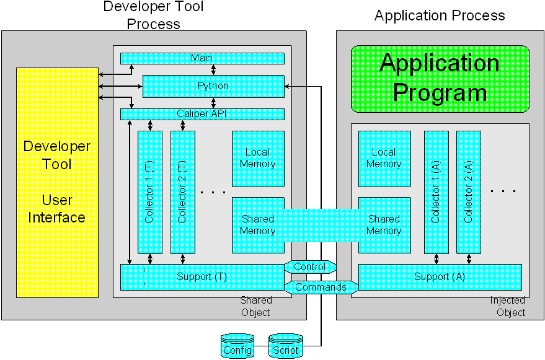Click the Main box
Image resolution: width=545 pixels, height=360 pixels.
tap(202, 58)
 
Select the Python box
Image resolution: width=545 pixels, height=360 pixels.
tap(213, 86)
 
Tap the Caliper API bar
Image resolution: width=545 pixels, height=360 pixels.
tap(202, 114)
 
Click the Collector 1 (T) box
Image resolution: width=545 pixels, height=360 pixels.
tap(149, 191)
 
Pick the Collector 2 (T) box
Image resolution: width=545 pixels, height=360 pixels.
tap(182, 191)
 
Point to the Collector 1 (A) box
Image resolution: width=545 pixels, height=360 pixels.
tap(436, 191)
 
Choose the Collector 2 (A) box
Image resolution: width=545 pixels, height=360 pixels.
tap(469, 191)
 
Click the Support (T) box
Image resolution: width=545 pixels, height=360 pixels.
tap(202, 277)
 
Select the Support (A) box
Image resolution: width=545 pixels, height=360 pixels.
tap(440, 277)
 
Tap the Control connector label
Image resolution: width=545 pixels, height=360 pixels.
tap(310, 267)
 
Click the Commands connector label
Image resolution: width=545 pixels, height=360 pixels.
tap(321, 287)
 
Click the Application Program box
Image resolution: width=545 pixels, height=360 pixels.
tap(440, 78)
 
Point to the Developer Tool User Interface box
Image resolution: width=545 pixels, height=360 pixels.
tap(56, 182)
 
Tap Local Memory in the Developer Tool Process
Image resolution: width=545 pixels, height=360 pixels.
tap(257, 159)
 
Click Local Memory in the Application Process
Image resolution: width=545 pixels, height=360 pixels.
tap(384, 159)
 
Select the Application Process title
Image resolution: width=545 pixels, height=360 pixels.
tap(440, 15)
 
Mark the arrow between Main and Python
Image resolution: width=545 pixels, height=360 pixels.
tap(213, 69)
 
